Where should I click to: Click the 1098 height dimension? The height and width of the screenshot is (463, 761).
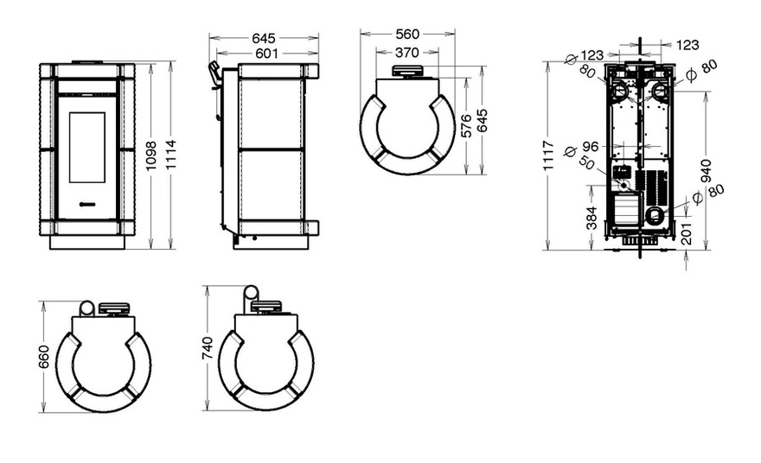(x=151, y=155)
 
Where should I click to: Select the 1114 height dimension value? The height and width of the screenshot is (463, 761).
(x=170, y=155)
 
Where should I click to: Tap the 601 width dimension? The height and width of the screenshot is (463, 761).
(x=266, y=54)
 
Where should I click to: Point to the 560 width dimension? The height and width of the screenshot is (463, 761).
(x=407, y=34)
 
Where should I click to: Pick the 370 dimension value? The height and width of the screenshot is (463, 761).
(x=406, y=52)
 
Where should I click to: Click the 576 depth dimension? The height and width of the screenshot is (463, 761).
(x=466, y=126)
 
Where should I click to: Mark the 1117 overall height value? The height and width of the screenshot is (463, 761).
(x=548, y=155)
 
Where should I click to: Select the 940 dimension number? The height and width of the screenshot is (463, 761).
(x=706, y=171)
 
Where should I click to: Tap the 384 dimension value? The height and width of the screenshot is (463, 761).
(x=592, y=219)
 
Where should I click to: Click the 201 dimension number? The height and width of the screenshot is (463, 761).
(x=687, y=234)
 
